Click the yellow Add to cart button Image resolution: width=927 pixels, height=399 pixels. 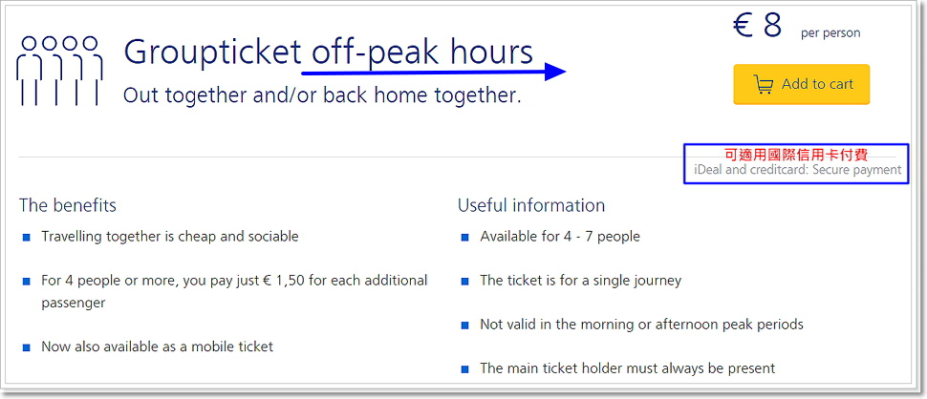tap(801, 84)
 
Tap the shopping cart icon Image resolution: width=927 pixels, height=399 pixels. tap(764, 84)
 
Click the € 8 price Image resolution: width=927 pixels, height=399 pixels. tap(757, 25)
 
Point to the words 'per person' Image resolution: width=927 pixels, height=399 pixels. tap(830, 33)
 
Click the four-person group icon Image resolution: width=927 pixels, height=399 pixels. tap(59, 71)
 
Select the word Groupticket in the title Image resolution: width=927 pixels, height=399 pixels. tap(213, 52)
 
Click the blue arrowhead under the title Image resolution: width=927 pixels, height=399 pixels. tap(556, 72)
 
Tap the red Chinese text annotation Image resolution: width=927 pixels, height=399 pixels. tap(796, 156)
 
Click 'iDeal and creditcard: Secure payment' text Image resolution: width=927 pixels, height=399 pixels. tap(798, 170)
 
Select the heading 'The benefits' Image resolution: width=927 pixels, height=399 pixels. tap(68, 205)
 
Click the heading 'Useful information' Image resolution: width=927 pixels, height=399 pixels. tap(531, 205)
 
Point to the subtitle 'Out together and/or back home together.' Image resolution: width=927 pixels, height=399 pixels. tap(322, 95)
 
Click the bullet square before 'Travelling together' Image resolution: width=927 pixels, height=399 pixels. tap(26, 238)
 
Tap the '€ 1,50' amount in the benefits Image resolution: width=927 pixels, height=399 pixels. tap(285, 280)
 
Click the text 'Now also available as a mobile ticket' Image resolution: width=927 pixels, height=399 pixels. tap(158, 346)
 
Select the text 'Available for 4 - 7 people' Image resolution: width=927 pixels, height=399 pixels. tap(560, 237)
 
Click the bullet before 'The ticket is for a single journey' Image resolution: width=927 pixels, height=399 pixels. tap(464, 282)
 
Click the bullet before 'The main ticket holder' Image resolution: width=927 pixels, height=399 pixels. tap(464, 370)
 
